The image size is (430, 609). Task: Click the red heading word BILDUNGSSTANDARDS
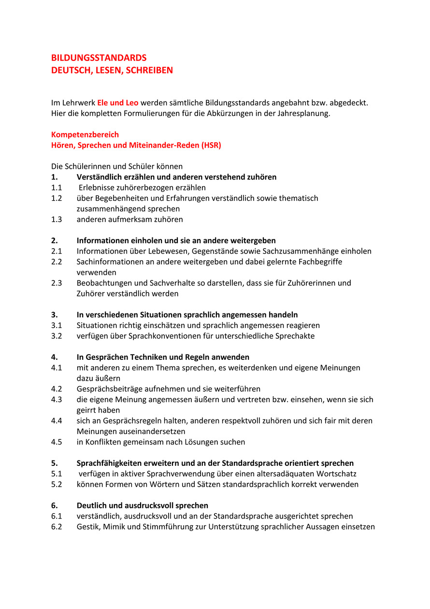(x=99, y=58)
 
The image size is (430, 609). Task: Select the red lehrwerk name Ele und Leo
(x=117, y=103)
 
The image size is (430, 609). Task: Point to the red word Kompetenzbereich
(x=85, y=134)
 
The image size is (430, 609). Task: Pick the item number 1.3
(x=57, y=219)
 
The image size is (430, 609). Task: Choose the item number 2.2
(x=57, y=261)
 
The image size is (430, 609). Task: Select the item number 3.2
(x=57, y=336)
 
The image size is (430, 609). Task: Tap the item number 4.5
(x=57, y=442)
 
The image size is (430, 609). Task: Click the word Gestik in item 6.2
(x=87, y=527)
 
